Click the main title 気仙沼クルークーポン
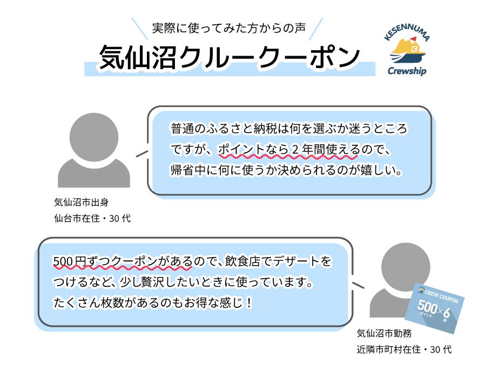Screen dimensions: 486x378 click(x=230, y=57)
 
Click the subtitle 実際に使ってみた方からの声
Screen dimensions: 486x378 click(x=229, y=28)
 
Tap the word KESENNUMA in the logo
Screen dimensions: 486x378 click(x=407, y=32)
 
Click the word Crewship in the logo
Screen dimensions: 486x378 click(x=407, y=71)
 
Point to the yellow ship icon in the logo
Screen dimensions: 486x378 click(x=407, y=51)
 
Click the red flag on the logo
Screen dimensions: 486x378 click(x=414, y=39)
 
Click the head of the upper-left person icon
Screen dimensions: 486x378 click(x=94, y=137)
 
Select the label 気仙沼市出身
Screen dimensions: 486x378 click(x=82, y=202)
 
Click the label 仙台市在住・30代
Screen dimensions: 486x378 click(x=92, y=219)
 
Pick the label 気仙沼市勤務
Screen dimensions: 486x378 click(x=384, y=333)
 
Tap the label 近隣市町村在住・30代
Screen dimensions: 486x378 click(x=404, y=349)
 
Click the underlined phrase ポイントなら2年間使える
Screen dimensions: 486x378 click(x=288, y=150)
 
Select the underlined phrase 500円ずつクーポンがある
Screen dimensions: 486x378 click(x=123, y=261)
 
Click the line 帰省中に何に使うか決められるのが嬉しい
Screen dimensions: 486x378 click(x=286, y=170)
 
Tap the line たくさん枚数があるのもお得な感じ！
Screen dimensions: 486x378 click(x=153, y=302)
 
